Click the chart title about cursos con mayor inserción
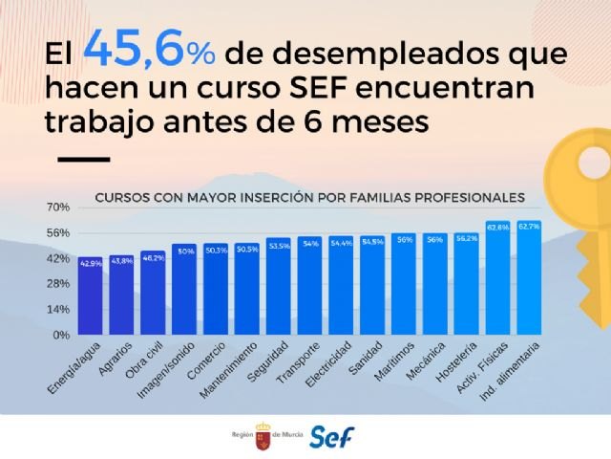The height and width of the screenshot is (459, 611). [x=309, y=198]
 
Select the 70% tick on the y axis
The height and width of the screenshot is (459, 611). [x=58, y=208]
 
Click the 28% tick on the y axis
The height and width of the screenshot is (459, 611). [x=58, y=284]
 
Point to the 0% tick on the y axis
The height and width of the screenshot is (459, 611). [x=61, y=336]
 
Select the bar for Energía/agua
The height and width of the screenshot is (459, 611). [x=92, y=296]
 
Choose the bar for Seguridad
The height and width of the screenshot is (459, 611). [x=279, y=287]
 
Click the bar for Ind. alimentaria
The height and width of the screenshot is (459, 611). [x=528, y=278]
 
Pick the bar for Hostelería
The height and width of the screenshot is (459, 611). [x=466, y=284]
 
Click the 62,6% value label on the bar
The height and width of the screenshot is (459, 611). [x=497, y=227]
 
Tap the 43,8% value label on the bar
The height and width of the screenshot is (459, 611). [x=122, y=260]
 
